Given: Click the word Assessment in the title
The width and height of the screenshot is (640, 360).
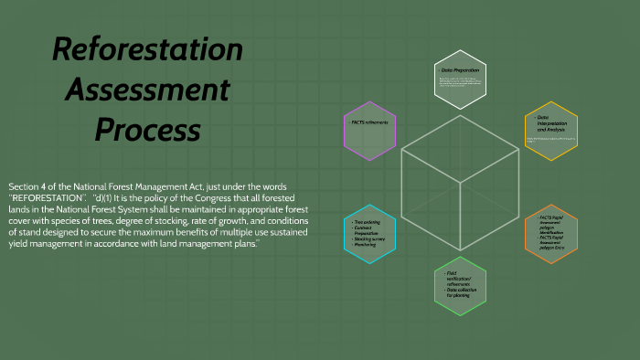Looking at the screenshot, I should click(x=146, y=90).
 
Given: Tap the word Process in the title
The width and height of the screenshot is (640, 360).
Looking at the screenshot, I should click(x=146, y=130).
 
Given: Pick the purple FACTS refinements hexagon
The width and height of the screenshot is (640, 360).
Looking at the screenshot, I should click(x=370, y=127).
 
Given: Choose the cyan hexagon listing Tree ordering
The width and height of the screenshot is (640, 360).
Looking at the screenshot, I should click(x=370, y=234).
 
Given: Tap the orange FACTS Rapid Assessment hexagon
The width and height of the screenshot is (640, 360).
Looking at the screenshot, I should click(x=551, y=234).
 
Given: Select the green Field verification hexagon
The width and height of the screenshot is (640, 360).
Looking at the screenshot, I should click(x=460, y=286).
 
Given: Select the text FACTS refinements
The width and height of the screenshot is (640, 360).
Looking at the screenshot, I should click(x=369, y=122).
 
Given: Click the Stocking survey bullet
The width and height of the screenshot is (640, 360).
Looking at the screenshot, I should click(x=370, y=239).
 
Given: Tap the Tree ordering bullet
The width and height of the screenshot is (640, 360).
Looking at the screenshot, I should click(x=368, y=221).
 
